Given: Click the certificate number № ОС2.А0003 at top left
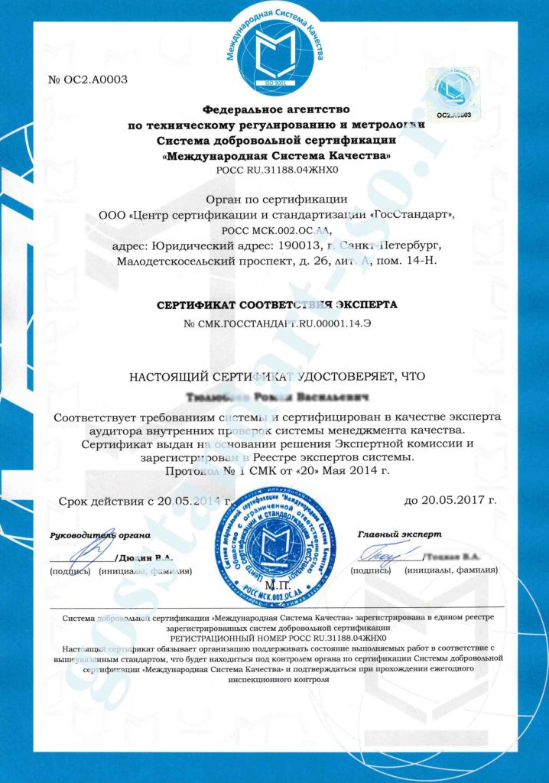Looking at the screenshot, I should tap(77, 80).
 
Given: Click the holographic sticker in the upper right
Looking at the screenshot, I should tap(453, 91).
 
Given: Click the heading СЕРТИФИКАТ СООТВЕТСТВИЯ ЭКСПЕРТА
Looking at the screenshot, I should tap(277, 304).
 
